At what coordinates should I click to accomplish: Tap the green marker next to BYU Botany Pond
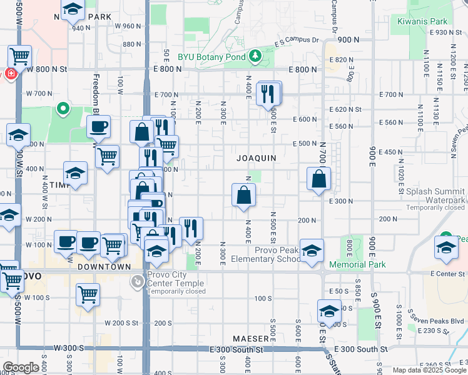tap(255, 57)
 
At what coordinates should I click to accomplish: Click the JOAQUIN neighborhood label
tap(257, 158)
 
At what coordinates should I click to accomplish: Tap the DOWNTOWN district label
tap(104, 266)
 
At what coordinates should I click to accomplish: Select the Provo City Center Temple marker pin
tap(136, 282)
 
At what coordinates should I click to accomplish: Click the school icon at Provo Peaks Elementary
tap(312, 251)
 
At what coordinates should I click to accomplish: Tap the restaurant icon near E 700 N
tap(267, 94)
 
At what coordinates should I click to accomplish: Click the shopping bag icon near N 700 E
tap(319, 179)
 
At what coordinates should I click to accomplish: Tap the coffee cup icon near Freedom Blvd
tap(98, 127)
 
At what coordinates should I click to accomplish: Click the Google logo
tap(21, 367)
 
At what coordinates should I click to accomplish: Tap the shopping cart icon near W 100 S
tap(88, 293)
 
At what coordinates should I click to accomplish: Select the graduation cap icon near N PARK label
tap(73, 9)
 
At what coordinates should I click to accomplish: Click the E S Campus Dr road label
tap(297, 42)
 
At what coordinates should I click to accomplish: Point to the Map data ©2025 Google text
tap(429, 370)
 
